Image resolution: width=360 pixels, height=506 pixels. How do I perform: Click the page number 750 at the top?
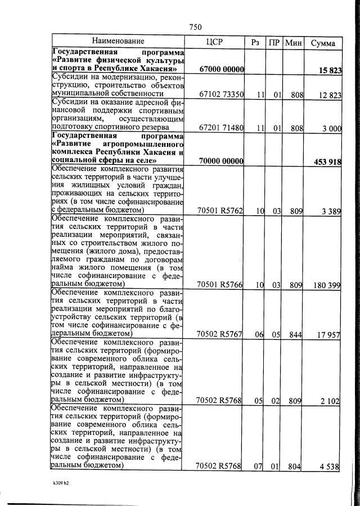(x=196, y=27)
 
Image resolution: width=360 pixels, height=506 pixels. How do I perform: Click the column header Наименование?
(x=119, y=41)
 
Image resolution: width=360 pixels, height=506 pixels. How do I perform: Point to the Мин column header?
(x=293, y=42)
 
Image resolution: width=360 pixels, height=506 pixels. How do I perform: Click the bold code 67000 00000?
(x=220, y=69)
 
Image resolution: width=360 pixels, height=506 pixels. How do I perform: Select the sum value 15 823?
(x=329, y=70)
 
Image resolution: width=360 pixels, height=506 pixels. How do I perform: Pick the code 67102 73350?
(x=220, y=95)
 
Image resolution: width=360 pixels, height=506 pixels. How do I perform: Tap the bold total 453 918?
(x=327, y=162)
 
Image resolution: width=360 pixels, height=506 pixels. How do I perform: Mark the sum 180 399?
(x=327, y=285)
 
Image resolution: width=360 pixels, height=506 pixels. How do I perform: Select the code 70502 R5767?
(x=220, y=335)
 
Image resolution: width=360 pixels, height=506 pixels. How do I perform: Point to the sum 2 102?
(x=330, y=400)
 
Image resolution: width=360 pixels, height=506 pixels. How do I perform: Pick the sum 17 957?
(x=329, y=335)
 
